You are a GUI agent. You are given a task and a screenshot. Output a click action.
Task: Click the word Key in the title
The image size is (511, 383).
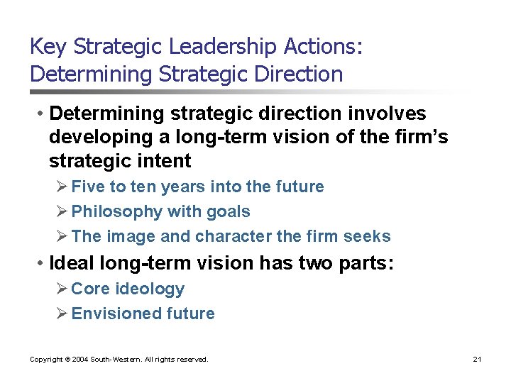48,47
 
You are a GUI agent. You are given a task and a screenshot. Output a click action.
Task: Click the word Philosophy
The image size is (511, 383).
117,211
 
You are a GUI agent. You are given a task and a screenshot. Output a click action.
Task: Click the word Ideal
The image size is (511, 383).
72,264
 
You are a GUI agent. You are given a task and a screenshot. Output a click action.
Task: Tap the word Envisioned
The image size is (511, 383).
117,313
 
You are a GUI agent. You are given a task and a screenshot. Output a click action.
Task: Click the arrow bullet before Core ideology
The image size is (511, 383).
62,289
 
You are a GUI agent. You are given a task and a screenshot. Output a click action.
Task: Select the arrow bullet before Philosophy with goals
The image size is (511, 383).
62,211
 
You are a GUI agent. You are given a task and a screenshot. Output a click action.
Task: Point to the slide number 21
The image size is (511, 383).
477,360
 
